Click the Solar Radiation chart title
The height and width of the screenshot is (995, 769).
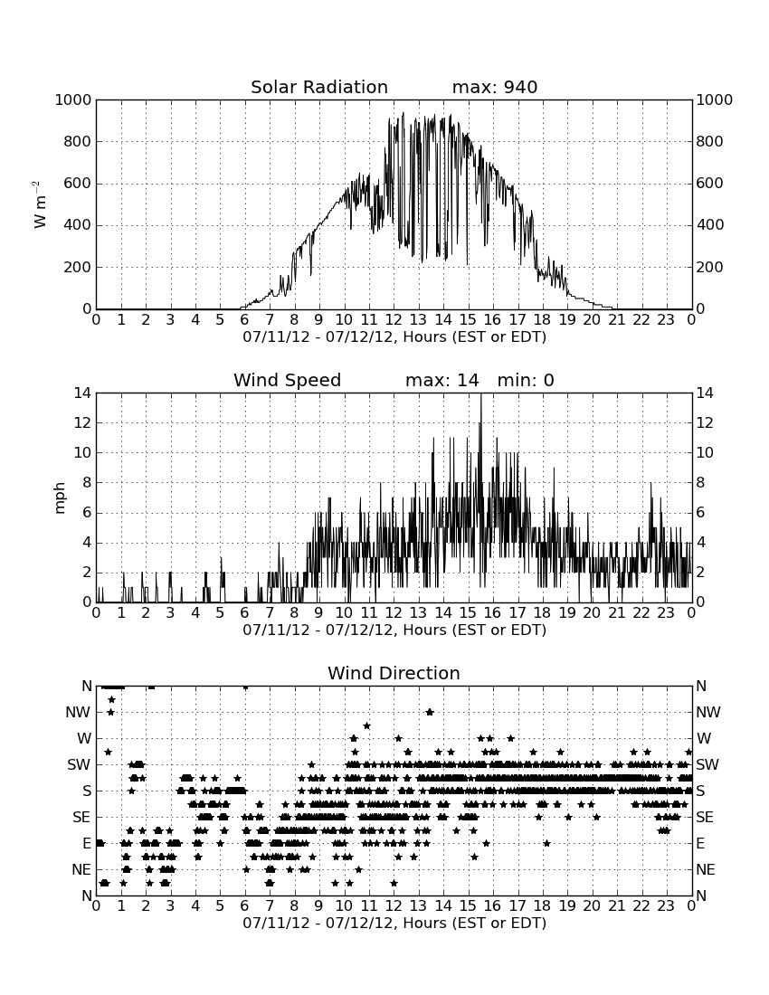pyautogui.click(x=319, y=87)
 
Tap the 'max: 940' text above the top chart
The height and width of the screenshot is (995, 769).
pyautogui.click(x=495, y=87)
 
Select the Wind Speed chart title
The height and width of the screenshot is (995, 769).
pyautogui.click(x=288, y=380)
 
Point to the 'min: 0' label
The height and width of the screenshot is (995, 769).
pyautogui.click(x=526, y=380)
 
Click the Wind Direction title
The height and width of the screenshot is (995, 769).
pyautogui.click(x=394, y=673)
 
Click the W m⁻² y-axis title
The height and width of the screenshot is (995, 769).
pyautogui.click(x=39, y=204)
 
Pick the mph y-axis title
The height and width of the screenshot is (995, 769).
pyautogui.click(x=60, y=498)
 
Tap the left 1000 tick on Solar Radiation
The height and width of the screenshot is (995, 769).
pyautogui.click(x=73, y=99)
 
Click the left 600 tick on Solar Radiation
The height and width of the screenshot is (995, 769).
pyautogui.click(x=78, y=184)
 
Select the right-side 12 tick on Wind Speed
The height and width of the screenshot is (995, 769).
pyautogui.click(x=704, y=423)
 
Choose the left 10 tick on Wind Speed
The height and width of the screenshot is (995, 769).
pyautogui.click(x=83, y=453)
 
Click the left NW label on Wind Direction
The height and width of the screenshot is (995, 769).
pyautogui.click(x=78, y=713)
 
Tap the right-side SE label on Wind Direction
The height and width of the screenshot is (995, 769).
pyautogui.click(x=705, y=818)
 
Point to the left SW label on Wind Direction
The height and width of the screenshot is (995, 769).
pyautogui.click(x=79, y=764)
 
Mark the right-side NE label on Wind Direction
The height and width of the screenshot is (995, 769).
pyautogui.click(x=706, y=869)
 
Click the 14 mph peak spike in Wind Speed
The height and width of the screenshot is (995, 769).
pyautogui.click(x=480, y=394)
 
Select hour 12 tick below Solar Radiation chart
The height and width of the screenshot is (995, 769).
pyautogui.click(x=394, y=319)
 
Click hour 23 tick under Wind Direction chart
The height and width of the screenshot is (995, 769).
pyautogui.click(x=666, y=905)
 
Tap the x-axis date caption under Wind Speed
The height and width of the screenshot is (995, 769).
pyautogui.click(x=394, y=630)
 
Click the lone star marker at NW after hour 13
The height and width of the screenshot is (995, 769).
pyautogui.click(x=430, y=712)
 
